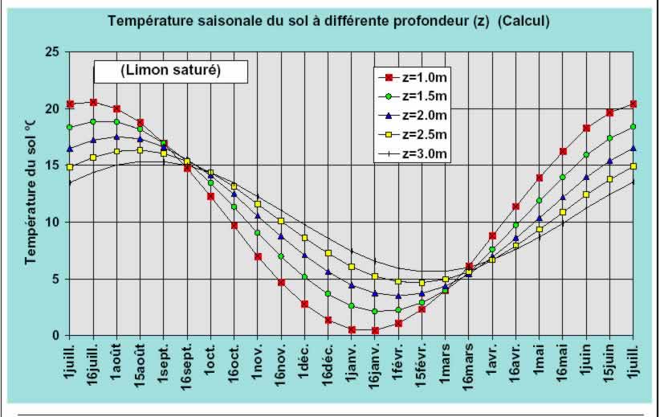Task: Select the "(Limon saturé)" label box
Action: pos(170,71)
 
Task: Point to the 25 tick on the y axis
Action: pos(53,51)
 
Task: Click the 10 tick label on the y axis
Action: pos(53,222)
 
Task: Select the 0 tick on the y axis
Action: pos(56,335)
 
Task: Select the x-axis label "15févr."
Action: pos(422,369)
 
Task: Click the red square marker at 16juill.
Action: pos(94,102)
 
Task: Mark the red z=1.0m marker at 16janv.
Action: pos(375,330)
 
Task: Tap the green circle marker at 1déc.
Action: pos(305,276)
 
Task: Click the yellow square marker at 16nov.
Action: pos(281,220)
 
